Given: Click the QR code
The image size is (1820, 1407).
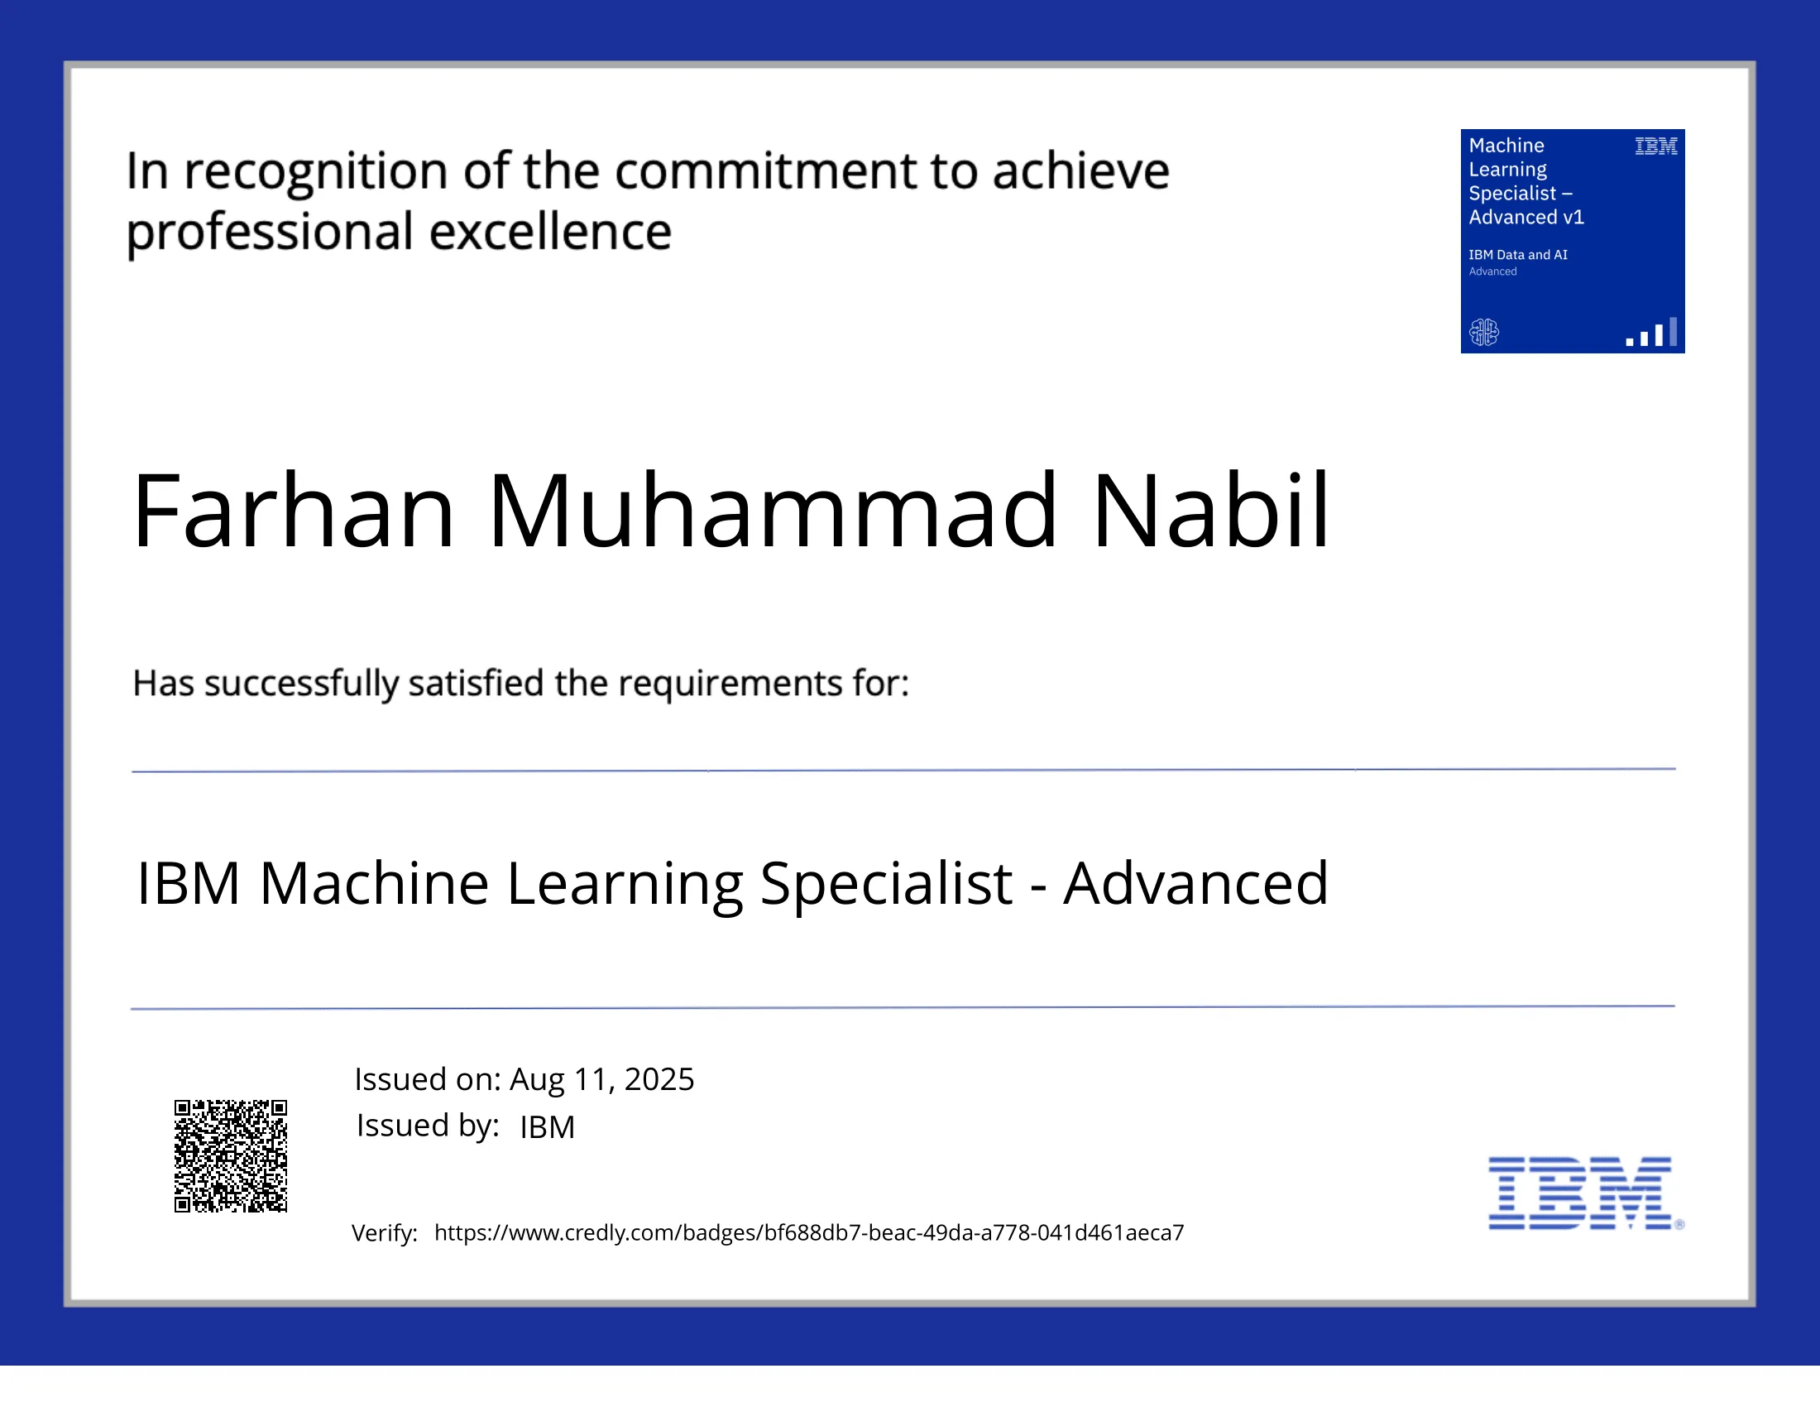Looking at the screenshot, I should [230, 1155].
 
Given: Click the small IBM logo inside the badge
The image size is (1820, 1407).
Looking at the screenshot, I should [1655, 146].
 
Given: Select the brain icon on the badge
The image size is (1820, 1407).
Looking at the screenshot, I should [1483, 332].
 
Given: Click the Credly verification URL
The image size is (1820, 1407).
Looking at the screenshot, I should [808, 1233].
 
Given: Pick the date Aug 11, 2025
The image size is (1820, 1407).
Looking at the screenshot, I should [601, 1079].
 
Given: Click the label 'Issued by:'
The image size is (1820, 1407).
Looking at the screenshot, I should [428, 1126].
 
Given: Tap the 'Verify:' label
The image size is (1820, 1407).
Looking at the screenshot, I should [384, 1233].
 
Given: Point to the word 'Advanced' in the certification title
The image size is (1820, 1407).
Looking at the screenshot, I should [1196, 884].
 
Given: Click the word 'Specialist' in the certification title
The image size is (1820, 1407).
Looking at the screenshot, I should [886, 884].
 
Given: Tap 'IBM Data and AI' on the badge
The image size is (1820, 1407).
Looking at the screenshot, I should [1517, 255].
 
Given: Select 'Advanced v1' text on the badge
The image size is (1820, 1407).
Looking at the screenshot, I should [1525, 218].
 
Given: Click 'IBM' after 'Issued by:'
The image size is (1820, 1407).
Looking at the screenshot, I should [548, 1127].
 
